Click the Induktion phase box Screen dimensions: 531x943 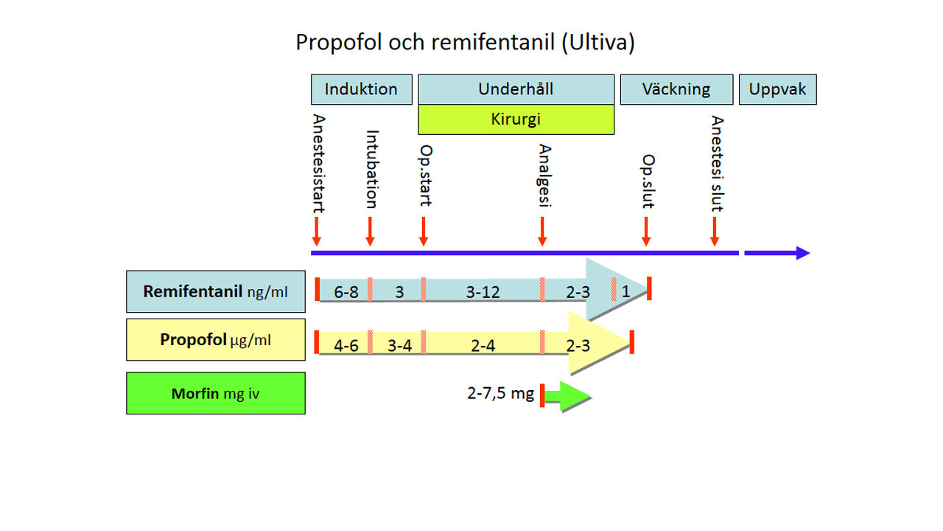(361, 89)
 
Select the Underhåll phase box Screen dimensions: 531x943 (516, 89)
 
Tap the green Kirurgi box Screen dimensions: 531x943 (516, 119)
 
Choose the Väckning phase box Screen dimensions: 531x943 (676, 89)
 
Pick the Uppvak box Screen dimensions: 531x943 (777, 89)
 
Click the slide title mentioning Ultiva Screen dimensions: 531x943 (465, 42)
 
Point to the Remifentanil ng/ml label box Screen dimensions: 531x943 (216, 291)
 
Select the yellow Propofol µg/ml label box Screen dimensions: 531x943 (216, 340)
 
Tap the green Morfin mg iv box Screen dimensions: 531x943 (216, 393)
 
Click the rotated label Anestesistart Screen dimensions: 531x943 (318, 164)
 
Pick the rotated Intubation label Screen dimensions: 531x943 (372, 170)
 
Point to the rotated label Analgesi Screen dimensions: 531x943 (544, 177)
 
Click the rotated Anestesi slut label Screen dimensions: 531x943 (717, 164)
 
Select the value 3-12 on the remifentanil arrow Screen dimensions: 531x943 (483, 292)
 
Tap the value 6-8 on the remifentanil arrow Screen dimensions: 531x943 (346, 292)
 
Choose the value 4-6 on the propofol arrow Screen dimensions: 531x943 (346, 345)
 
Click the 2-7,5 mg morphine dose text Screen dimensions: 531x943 (500, 393)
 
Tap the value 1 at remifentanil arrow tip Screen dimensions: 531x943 (625, 291)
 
